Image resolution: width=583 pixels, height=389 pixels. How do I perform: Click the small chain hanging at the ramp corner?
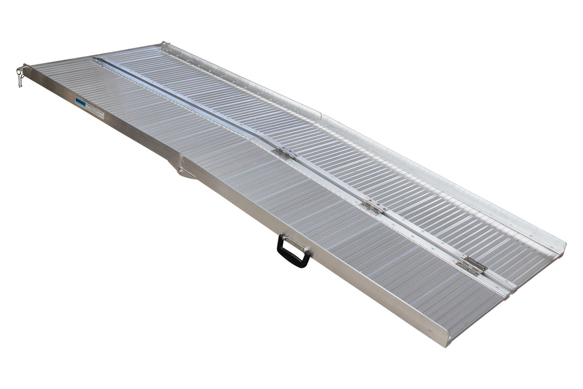[x=20, y=76]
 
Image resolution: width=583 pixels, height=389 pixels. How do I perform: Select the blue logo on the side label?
[x=80, y=102]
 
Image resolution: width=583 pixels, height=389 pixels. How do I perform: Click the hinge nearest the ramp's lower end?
[x=471, y=265]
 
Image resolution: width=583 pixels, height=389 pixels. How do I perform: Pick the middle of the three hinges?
[x=373, y=207]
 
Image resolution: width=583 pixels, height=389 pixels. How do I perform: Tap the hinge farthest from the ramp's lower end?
[x=285, y=153]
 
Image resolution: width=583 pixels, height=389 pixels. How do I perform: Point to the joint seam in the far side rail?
[x=321, y=117]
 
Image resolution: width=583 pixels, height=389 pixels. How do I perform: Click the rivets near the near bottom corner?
[x=430, y=331]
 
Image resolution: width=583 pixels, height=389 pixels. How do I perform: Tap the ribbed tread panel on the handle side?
[x=291, y=204]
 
